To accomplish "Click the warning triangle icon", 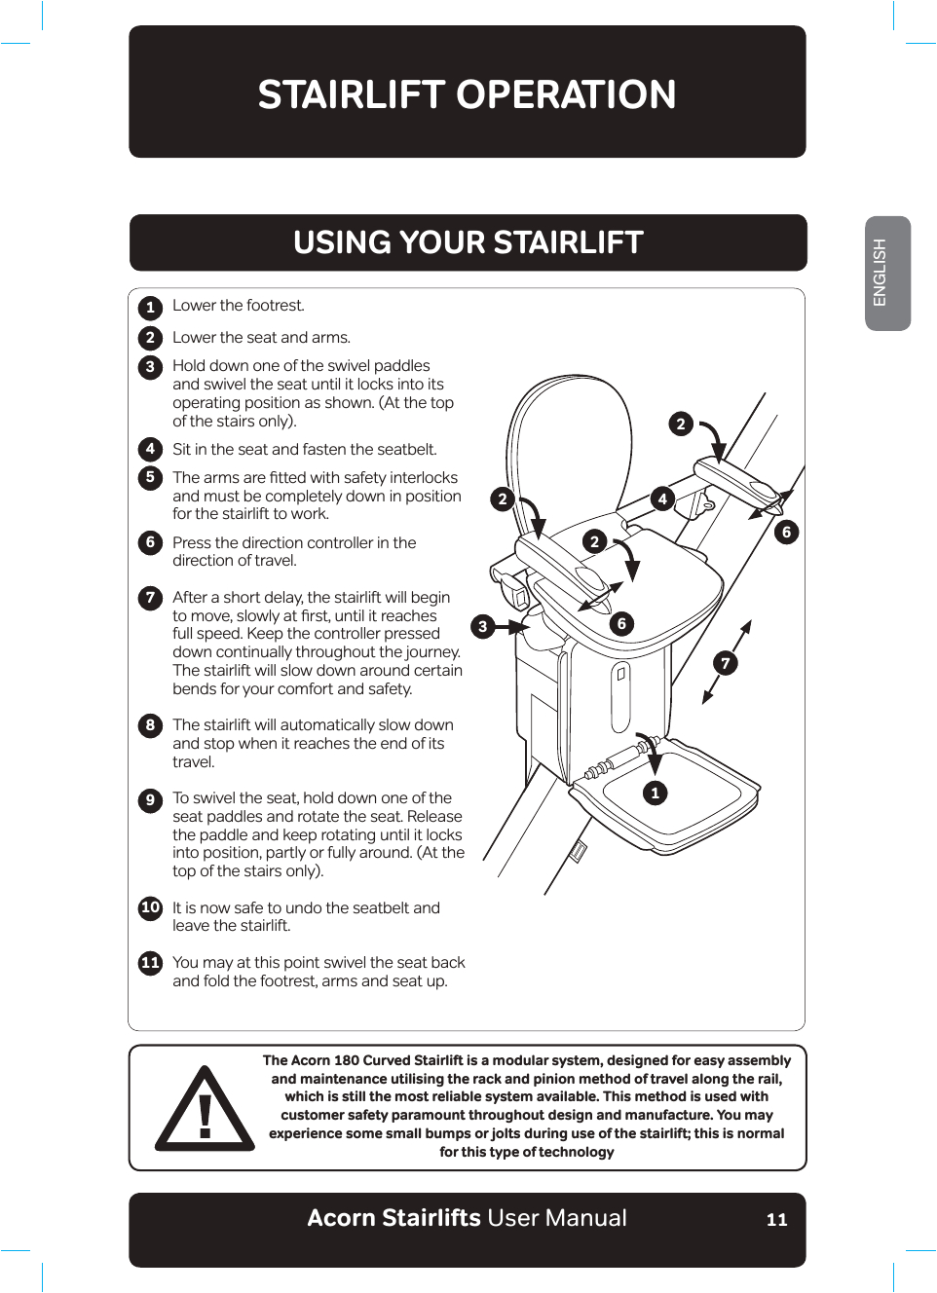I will click(205, 1110).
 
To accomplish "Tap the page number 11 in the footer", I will click(776, 1220).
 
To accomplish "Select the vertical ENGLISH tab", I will click(886, 274).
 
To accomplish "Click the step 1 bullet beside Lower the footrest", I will click(150, 308).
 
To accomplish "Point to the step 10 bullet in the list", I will click(150, 907).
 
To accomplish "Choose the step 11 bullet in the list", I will click(150, 963).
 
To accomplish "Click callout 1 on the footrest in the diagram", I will click(655, 793).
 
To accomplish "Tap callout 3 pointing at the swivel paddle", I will click(482, 626).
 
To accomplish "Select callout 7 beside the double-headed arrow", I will click(725, 663).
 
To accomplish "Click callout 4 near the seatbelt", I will click(662, 499).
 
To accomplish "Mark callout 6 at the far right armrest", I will click(786, 532).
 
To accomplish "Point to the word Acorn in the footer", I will click(340, 1218).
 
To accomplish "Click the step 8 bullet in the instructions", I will click(150, 725).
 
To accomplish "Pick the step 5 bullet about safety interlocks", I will click(150, 477).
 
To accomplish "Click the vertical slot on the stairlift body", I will click(620, 697).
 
